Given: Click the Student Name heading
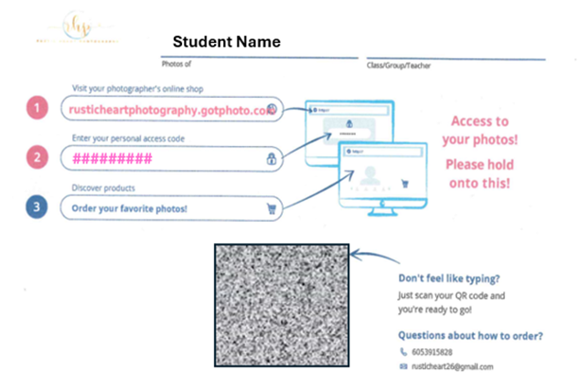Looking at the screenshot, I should (226, 42).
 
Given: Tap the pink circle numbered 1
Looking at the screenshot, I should (37, 109).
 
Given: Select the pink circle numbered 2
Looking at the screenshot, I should (37, 157).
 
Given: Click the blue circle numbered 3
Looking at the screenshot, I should (37, 207).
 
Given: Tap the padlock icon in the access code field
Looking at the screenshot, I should (271, 159).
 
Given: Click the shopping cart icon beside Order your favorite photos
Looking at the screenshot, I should (271, 208).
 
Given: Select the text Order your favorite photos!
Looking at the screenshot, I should (128, 208).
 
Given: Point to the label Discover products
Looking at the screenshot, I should (102, 188).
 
